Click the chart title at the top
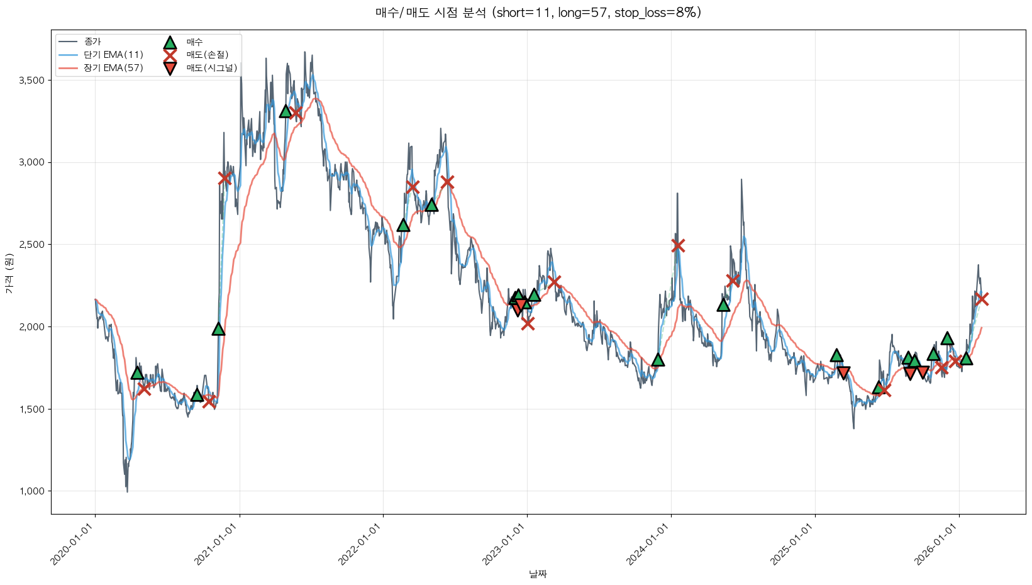pos(538,13)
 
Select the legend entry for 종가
pos(92,42)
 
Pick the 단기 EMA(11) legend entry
pos(113,55)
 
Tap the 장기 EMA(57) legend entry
pos(113,68)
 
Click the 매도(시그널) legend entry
pos(211,68)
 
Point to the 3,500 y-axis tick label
pos(31,81)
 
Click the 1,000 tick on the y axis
pos(31,491)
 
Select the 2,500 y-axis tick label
pos(31,245)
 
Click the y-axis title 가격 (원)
pos(9,273)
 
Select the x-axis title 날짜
pos(538,574)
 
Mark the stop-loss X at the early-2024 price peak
pos(677,245)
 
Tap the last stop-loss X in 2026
pos(982,299)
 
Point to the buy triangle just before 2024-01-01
pos(658,360)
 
